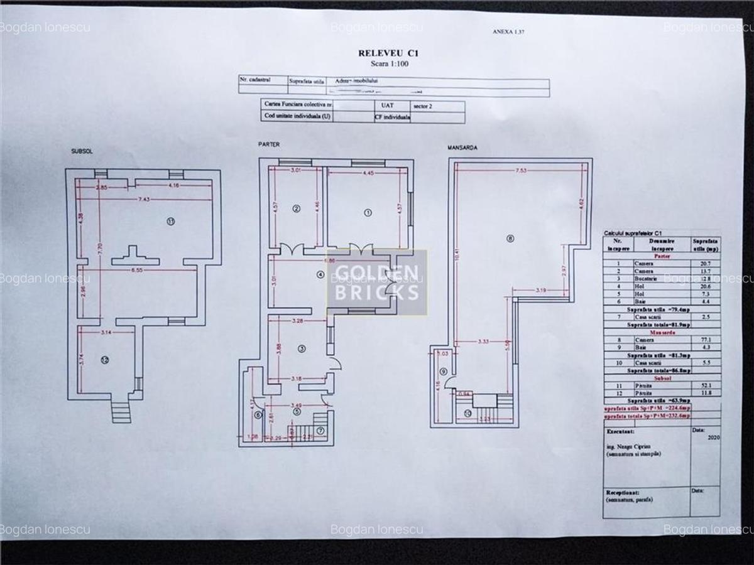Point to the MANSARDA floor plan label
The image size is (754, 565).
pos(462,148)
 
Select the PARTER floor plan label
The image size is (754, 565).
pos(269,144)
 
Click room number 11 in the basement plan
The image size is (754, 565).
pos(170,221)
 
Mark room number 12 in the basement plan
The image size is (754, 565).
pos(104,360)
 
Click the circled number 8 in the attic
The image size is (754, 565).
pos(510,239)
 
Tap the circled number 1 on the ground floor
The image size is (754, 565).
pos(368,212)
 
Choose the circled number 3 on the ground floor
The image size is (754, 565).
pos(301,349)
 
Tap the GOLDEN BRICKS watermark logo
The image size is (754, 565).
pos(377,282)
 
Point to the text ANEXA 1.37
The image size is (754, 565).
pos(508,31)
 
